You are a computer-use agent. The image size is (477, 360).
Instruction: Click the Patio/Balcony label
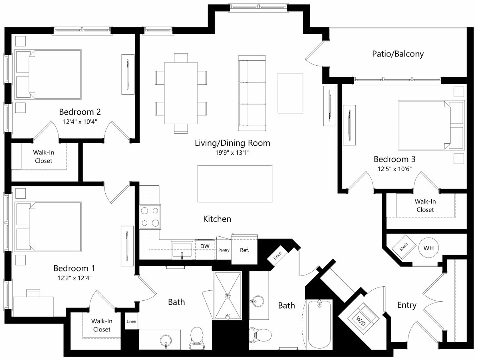(x=398, y=54)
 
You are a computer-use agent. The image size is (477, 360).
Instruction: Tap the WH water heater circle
(x=428, y=247)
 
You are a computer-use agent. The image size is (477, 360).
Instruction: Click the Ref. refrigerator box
(x=244, y=250)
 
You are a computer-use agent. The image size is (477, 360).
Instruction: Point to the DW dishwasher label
(x=205, y=246)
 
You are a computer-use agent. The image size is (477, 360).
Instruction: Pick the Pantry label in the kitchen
(x=224, y=250)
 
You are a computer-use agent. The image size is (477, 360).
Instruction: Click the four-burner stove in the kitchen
(x=150, y=217)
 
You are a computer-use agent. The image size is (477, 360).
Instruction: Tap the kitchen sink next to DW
(x=182, y=250)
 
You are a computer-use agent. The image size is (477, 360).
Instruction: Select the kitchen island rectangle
(x=235, y=184)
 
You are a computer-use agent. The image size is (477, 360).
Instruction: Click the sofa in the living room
(x=252, y=93)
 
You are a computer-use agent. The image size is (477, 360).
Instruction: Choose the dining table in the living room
(x=181, y=93)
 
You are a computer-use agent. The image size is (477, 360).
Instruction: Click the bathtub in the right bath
(x=319, y=324)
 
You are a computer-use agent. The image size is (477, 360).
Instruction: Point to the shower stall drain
(x=227, y=295)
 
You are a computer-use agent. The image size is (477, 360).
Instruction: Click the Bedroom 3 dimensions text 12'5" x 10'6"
(x=395, y=169)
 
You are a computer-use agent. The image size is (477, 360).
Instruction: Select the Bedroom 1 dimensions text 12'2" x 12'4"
(x=74, y=278)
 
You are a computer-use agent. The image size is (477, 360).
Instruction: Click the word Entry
(x=407, y=305)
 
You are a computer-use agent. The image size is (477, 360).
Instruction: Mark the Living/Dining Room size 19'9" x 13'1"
(x=232, y=152)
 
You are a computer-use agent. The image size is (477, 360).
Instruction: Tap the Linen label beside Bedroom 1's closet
(x=131, y=321)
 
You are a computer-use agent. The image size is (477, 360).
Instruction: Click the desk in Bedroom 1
(x=33, y=306)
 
